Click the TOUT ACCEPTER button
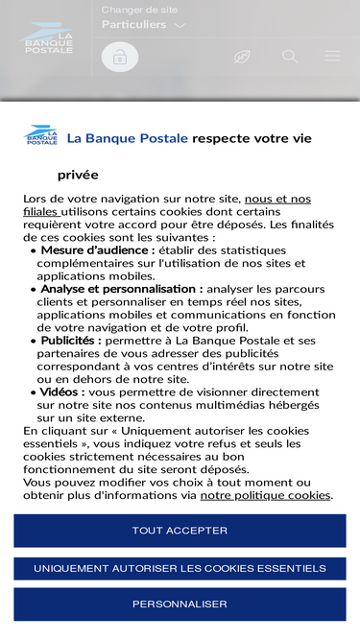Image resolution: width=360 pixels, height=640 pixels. (180, 531)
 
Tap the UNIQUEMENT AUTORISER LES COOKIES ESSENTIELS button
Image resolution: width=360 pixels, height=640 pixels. (180, 569)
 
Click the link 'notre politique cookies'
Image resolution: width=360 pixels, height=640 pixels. (265, 495)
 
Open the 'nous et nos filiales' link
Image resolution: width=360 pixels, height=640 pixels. (277, 199)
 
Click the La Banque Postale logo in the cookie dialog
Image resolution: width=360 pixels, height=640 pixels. (40, 135)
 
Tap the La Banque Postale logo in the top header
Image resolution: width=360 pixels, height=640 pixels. (48, 38)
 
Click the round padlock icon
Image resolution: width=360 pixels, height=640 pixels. (120, 57)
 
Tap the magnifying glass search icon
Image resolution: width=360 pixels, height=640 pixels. (290, 57)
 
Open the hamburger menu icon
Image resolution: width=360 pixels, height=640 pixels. (332, 57)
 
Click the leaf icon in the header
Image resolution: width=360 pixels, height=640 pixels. (242, 57)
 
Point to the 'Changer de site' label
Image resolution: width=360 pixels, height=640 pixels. (139, 10)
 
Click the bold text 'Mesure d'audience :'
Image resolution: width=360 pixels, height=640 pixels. (97, 249)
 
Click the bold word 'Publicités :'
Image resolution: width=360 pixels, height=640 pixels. (71, 340)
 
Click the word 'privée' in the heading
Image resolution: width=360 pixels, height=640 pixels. (78, 175)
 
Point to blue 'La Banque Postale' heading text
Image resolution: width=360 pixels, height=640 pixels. (128, 138)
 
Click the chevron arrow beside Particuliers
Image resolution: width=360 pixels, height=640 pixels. (180, 26)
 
